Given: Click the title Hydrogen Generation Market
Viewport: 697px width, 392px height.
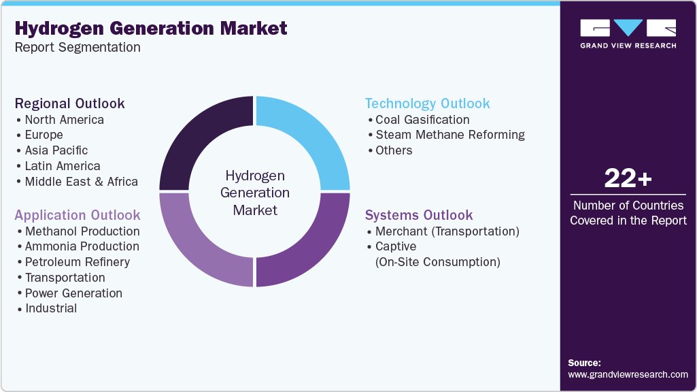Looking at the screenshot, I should point(151,28).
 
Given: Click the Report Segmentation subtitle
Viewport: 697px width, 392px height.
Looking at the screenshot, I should point(78,47).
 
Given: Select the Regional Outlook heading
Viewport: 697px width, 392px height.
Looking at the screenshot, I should point(70,103).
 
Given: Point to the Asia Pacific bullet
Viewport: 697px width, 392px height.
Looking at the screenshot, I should point(56,150).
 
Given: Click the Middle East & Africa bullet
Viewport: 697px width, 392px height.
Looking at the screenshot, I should point(81,182).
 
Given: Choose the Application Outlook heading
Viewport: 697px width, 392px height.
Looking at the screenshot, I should point(78,215).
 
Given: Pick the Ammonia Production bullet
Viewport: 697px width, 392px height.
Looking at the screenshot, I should point(82,246).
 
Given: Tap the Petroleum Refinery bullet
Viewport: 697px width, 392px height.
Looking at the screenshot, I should point(77,262).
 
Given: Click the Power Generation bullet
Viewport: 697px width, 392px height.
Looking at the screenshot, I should point(73,293).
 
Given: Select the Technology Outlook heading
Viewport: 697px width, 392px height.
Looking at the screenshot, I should point(427,103).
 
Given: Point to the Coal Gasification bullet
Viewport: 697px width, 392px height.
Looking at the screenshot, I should point(422,120).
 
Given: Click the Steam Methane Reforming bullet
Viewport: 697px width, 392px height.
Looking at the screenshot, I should point(450,135).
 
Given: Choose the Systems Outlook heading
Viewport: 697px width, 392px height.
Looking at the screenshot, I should point(418,215).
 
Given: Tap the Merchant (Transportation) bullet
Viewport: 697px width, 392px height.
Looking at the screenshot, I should point(447,231).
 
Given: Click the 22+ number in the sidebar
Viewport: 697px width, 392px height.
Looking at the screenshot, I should point(628,179).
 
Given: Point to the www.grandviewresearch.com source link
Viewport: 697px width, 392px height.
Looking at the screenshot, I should point(628,374).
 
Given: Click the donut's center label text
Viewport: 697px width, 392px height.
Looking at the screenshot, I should point(255,193).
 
